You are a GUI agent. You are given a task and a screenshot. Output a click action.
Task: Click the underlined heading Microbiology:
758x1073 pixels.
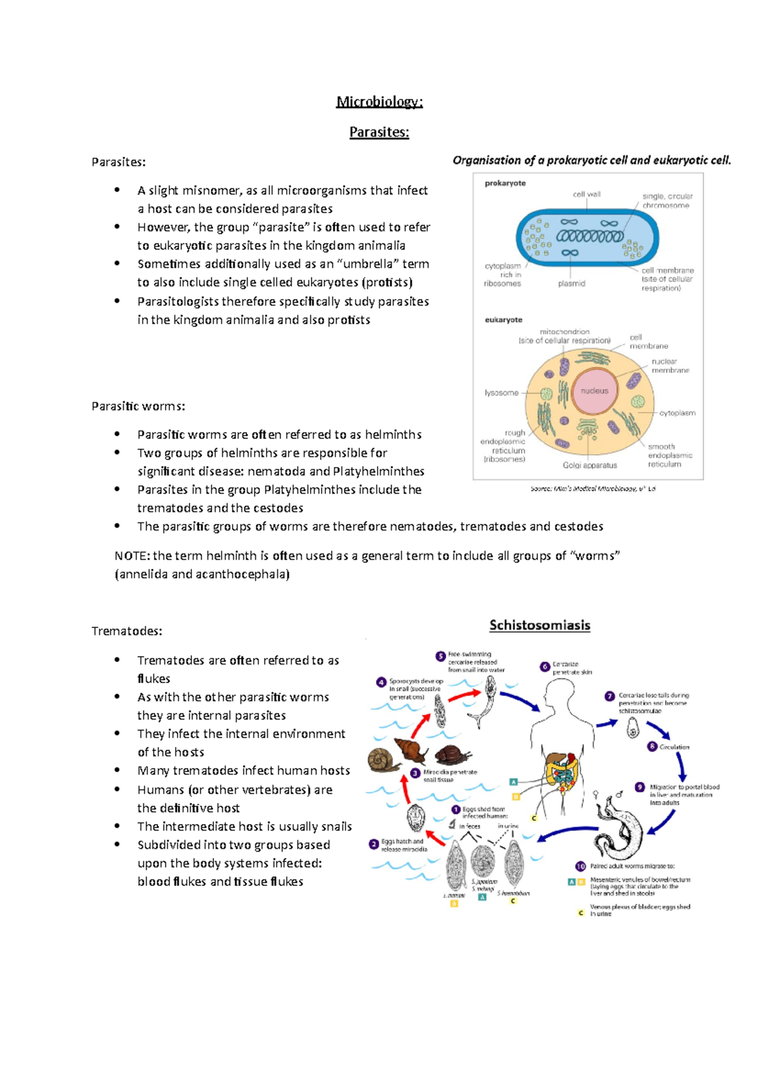point(379,102)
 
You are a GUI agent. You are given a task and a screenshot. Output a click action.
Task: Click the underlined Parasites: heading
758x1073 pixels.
point(379,132)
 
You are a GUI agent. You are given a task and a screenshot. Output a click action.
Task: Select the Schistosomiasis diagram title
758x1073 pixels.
point(539,625)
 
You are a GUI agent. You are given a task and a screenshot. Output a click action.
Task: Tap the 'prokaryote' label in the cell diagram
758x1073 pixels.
point(505,183)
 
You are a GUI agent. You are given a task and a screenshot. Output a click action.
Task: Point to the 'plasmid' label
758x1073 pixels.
point(572,284)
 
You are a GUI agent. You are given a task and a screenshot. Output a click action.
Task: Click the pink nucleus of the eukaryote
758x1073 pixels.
point(594,391)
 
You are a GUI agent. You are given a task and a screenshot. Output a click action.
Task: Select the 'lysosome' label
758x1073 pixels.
point(502,393)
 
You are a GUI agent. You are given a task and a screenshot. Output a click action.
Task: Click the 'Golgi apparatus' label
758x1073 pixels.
point(589,465)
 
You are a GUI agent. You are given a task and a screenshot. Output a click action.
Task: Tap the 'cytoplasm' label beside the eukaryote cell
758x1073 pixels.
point(677,413)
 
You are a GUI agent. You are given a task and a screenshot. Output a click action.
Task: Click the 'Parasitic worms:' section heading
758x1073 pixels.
point(138,406)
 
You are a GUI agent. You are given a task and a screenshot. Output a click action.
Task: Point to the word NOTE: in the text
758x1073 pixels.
point(132,556)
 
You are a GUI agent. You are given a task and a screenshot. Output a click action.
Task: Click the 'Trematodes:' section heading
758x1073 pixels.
point(127,631)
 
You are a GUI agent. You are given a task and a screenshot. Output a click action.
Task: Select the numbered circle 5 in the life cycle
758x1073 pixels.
point(440,656)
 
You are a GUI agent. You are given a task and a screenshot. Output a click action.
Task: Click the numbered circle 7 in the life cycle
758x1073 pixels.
point(610,696)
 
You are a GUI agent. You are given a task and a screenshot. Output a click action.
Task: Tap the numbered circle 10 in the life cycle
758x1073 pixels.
point(581,866)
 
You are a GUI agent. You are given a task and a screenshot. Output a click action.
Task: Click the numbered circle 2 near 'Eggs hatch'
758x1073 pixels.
point(374,844)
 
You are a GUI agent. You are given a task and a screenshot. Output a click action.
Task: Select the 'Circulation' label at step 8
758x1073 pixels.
point(674,747)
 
